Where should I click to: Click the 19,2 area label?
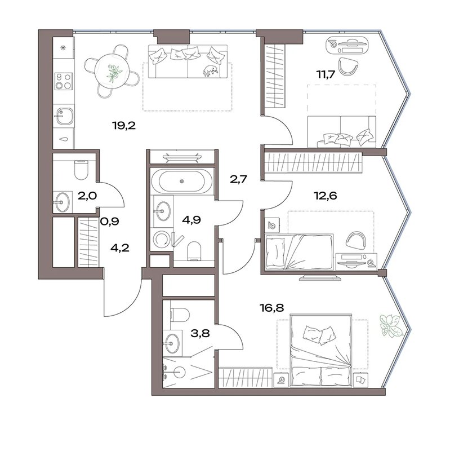coord(124,126)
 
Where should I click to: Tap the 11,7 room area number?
coord(326,74)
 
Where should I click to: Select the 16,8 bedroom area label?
coord(271,308)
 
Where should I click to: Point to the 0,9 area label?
coord(109,222)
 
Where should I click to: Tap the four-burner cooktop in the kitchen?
coord(64,81)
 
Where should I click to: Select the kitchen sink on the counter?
coord(64,116)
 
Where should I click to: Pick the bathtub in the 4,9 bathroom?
coord(181,181)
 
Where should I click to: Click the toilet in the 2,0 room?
coord(81,170)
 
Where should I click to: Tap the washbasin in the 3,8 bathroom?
coord(172,343)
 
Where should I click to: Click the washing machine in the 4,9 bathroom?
coord(161,239)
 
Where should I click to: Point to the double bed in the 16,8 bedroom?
coord(321,351)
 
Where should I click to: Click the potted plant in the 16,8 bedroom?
coord(390,326)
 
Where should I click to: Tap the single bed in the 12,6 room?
coord(300,252)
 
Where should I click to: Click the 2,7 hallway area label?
coord(238,179)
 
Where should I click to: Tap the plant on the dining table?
coord(114,73)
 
